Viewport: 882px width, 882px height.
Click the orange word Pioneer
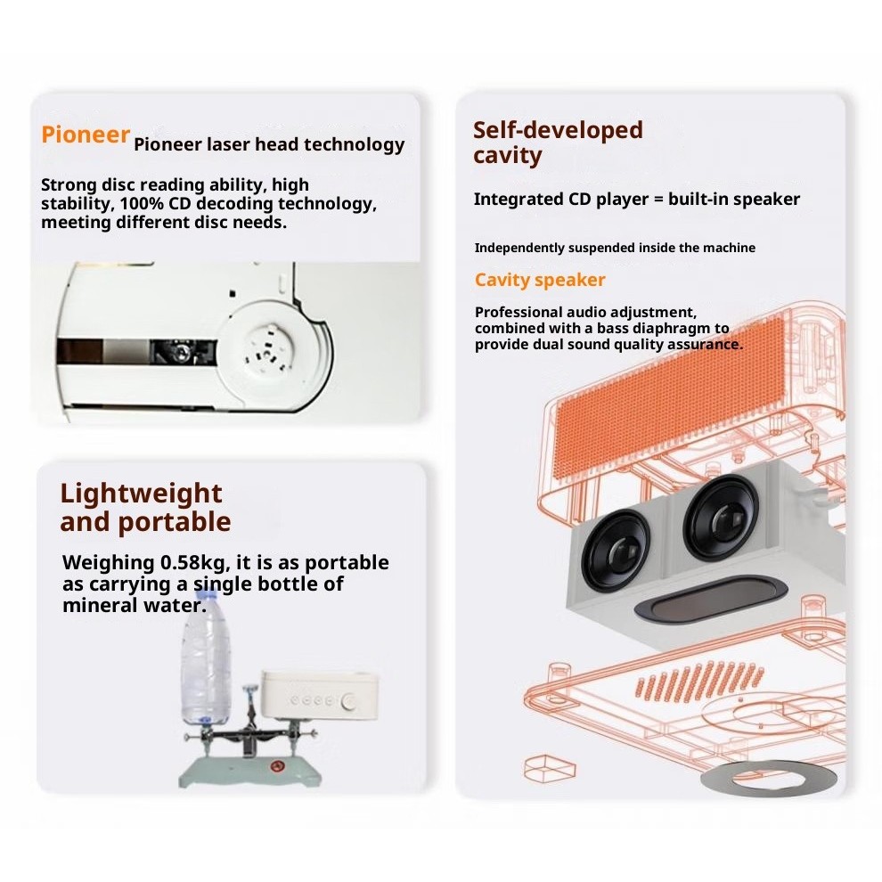86,135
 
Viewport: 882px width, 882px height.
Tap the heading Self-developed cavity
558,143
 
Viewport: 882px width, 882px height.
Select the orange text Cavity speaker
539,280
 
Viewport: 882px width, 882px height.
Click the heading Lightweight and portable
145,508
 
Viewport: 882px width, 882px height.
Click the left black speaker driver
616,550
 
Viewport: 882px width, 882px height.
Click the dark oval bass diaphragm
711,599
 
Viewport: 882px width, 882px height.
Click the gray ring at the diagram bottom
768,779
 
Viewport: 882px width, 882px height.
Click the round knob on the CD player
348,701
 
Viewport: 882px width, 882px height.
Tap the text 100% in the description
141,203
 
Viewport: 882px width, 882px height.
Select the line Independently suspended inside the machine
615,248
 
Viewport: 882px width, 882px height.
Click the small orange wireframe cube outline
550,768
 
